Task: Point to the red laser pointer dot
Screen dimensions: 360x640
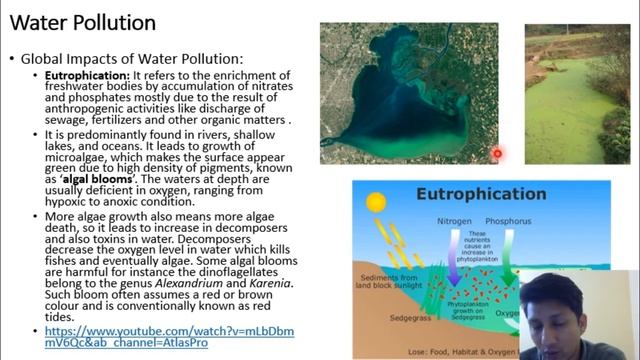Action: [497, 153]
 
